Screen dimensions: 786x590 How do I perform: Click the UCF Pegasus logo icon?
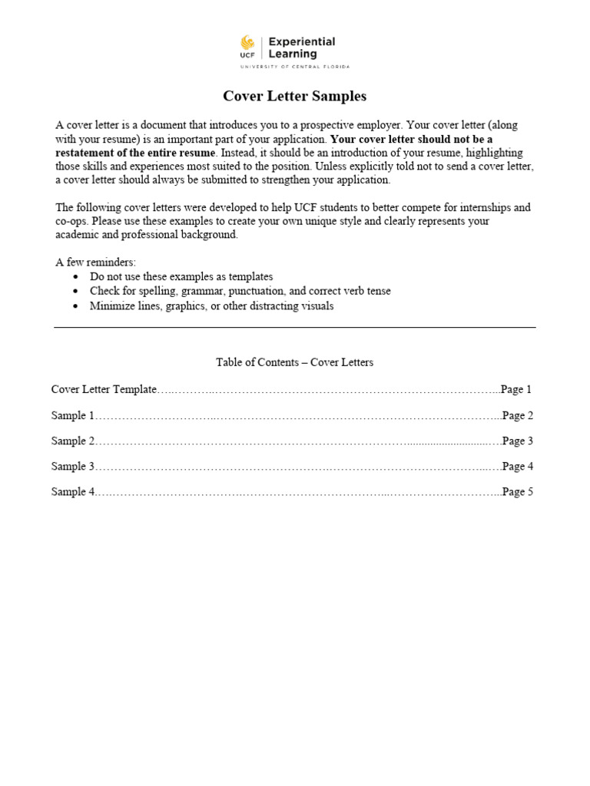pyautogui.click(x=247, y=42)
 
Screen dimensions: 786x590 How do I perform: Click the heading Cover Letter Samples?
pyautogui.click(x=294, y=96)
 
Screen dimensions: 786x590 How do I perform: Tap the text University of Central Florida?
pyautogui.click(x=294, y=67)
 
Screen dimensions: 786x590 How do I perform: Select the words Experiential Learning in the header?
pyautogui.click(x=302, y=48)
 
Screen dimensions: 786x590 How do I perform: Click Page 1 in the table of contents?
pyautogui.click(x=517, y=389)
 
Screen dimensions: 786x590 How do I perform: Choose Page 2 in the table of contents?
pyautogui.click(x=518, y=415)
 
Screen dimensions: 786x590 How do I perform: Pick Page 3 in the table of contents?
pyautogui.click(x=518, y=441)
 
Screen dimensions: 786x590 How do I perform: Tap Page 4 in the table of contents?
pyautogui.click(x=518, y=466)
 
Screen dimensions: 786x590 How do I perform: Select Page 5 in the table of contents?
pyautogui.click(x=518, y=491)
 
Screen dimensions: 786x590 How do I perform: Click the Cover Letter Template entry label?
pyautogui.click(x=104, y=389)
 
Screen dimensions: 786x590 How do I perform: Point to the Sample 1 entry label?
pyautogui.click(x=73, y=415)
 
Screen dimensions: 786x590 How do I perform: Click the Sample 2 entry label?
pyautogui.click(x=73, y=441)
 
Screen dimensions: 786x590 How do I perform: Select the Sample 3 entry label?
pyautogui.click(x=73, y=466)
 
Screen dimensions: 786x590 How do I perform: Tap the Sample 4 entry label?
pyautogui.click(x=73, y=491)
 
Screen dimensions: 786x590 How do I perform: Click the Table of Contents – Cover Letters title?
pyautogui.click(x=294, y=362)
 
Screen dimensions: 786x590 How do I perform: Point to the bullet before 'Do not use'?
pyautogui.click(x=75, y=276)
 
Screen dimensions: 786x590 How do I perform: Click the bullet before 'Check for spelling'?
pyautogui.click(x=75, y=292)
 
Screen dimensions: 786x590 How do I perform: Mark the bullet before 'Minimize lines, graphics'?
pyautogui.click(x=75, y=306)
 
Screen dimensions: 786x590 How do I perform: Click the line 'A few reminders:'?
pyautogui.click(x=95, y=263)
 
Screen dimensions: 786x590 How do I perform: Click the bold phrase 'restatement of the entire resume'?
pyautogui.click(x=135, y=153)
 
